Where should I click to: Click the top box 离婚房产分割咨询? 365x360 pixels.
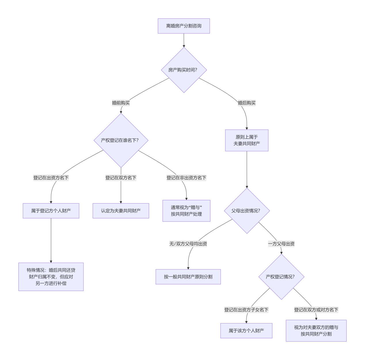pyautogui.click(x=184, y=26)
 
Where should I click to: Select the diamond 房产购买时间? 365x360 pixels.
pyautogui.click(x=184, y=70)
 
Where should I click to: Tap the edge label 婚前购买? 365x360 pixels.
pyautogui.click(x=121, y=103)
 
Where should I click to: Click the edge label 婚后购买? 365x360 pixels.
pyautogui.click(x=247, y=103)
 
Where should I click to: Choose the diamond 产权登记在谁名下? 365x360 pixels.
pyautogui.click(x=121, y=140)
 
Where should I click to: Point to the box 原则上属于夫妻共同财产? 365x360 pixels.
pyautogui.click(x=247, y=140)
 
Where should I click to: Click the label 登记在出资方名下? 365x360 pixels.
pyautogui.click(x=51, y=178)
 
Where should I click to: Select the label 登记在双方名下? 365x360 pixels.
pyautogui.click(x=121, y=178)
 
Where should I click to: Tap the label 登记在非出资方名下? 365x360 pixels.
pyautogui.click(x=186, y=178)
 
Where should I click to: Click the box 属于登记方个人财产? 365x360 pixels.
pyautogui.click(x=51, y=211)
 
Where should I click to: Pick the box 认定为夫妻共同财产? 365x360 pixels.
pyautogui.click(x=121, y=211)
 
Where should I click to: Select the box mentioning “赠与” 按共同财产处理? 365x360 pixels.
pyautogui.click(x=186, y=211)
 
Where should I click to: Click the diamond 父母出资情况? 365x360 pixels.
pyautogui.click(x=247, y=211)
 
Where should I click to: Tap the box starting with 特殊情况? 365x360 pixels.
pyautogui.click(x=51, y=277)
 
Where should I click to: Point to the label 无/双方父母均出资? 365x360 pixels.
pyautogui.click(x=188, y=244)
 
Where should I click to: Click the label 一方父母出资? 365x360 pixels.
pyautogui.click(x=281, y=244)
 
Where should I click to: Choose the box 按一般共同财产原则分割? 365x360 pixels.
pyautogui.click(x=188, y=277)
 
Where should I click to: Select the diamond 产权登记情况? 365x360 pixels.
pyautogui.click(x=281, y=277)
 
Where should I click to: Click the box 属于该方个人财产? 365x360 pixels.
pyautogui.click(x=246, y=331)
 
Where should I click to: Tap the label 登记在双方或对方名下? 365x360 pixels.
pyautogui.click(x=316, y=310)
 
